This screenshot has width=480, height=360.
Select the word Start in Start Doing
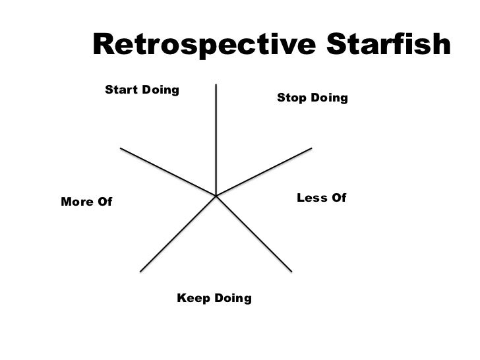(119, 90)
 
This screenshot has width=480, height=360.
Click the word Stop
(289, 98)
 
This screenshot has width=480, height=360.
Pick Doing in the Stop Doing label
(327, 99)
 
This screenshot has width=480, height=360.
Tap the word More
(77, 202)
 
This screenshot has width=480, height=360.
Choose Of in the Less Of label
(339, 198)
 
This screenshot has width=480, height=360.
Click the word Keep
(193, 299)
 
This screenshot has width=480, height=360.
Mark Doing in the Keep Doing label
(231, 299)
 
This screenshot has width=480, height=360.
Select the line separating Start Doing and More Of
(168, 171)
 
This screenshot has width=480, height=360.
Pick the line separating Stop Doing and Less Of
(264, 171)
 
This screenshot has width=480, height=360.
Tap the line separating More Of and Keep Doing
(178, 233)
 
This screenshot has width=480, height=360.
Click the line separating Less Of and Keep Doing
(254, 233)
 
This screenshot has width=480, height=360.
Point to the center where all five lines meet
(216, 196)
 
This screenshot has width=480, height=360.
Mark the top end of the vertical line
(216, 85)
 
